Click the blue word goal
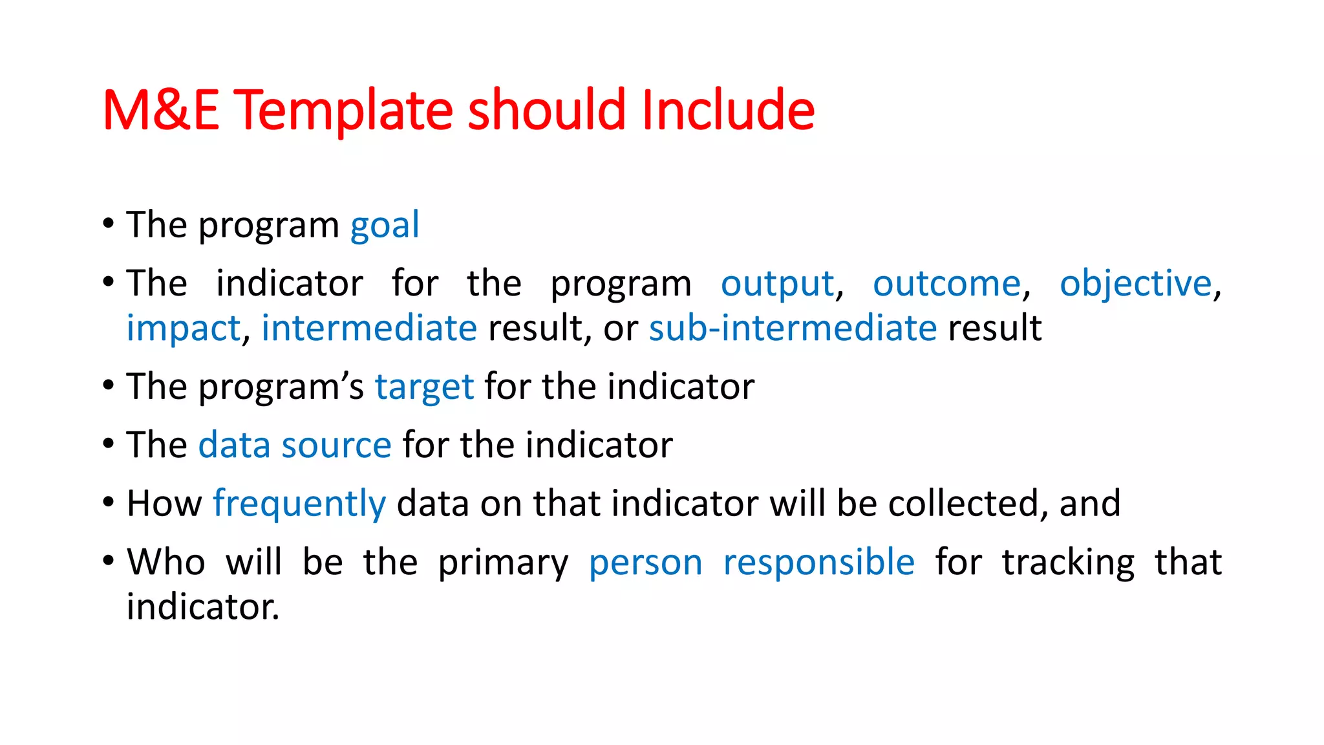tap(385, 226)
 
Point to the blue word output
tap(777, 284)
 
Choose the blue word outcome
tap(946, 284)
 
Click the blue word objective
tap(1135, 284)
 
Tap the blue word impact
tap(183, 329)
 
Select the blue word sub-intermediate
tap(793, 328)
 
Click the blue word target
tap(424, 387)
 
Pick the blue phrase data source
tap(294, 446)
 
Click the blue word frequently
tap(299, 504)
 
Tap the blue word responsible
tap(818, 562)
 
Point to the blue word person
tap(645, 563)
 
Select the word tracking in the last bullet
tap(1068, 562)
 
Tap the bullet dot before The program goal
tap(109, 223)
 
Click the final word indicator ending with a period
tap(202, 607)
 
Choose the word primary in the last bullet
tap(503, 563)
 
